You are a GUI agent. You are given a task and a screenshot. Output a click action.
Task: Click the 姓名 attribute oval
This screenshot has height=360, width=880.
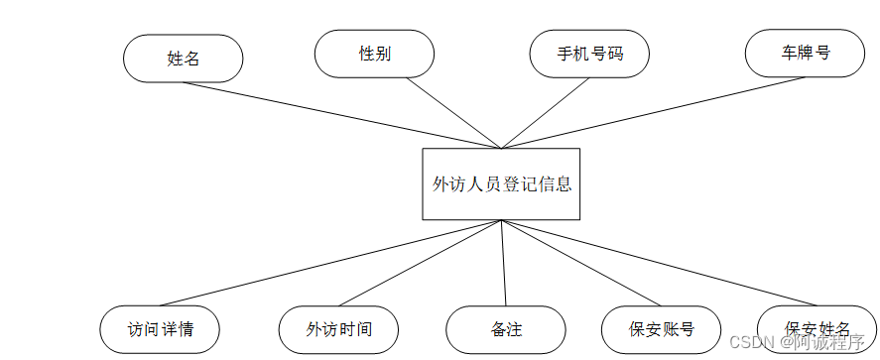(184, 59)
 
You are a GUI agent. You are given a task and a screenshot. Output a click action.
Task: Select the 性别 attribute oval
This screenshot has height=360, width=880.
(374, 54)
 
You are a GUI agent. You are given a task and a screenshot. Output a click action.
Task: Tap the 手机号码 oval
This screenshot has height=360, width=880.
(589, 54)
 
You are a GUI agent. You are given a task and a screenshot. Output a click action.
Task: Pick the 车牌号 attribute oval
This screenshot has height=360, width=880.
(805, 53)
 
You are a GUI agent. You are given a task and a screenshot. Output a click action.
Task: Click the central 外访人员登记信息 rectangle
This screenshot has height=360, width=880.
(501, 183)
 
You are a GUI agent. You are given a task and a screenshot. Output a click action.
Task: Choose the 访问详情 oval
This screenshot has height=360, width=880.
(160, 330)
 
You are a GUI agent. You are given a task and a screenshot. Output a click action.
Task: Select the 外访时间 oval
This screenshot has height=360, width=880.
(338, 330)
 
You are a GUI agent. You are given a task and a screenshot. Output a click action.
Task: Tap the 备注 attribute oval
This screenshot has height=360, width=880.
(506, 330)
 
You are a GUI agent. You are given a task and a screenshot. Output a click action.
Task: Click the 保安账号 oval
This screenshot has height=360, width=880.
(661, 330)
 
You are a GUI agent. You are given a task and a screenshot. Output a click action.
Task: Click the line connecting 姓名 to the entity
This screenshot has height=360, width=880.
(342, 115)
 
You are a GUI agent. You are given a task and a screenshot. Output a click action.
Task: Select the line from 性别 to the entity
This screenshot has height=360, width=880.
(454, 112)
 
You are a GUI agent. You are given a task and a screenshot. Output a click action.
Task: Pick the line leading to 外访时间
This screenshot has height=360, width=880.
(419, 264)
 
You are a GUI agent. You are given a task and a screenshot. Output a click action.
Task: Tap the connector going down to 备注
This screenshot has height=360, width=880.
(504, 263)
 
